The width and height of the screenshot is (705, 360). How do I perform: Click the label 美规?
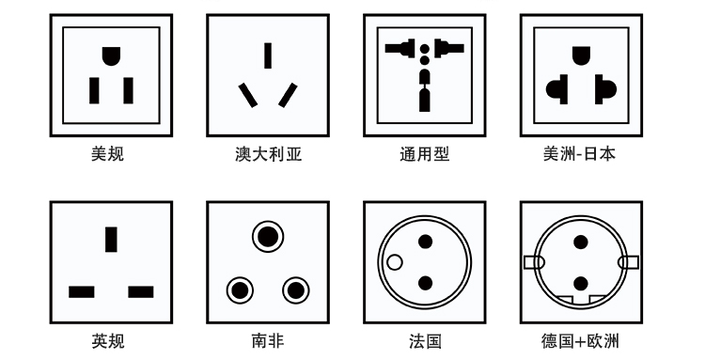107,154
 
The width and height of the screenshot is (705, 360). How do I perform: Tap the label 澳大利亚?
269,154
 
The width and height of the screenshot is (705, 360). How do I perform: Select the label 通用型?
425,154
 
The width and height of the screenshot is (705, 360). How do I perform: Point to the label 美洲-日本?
579,154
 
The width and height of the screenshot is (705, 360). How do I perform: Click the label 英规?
108,340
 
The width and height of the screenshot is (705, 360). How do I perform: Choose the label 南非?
268,340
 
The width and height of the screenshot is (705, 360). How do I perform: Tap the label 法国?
425,340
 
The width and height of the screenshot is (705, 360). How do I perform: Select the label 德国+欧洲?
580,340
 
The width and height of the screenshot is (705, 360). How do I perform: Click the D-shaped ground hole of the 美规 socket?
111,55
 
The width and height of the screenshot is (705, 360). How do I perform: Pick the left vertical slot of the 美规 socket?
94,91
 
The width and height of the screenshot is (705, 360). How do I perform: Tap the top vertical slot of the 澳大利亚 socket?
268,55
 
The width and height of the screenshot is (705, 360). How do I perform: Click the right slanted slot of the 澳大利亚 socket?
288,95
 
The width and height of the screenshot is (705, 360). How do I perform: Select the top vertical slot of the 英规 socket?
111,240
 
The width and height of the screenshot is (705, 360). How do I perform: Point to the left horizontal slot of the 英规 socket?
82,292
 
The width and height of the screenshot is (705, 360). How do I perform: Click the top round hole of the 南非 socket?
268,237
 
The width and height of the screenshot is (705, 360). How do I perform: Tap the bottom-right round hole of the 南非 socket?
296,290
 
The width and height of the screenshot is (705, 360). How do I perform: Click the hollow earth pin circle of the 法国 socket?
394,262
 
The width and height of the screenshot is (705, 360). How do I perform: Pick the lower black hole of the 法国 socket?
425,284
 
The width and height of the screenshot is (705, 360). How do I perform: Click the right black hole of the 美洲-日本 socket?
605,89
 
